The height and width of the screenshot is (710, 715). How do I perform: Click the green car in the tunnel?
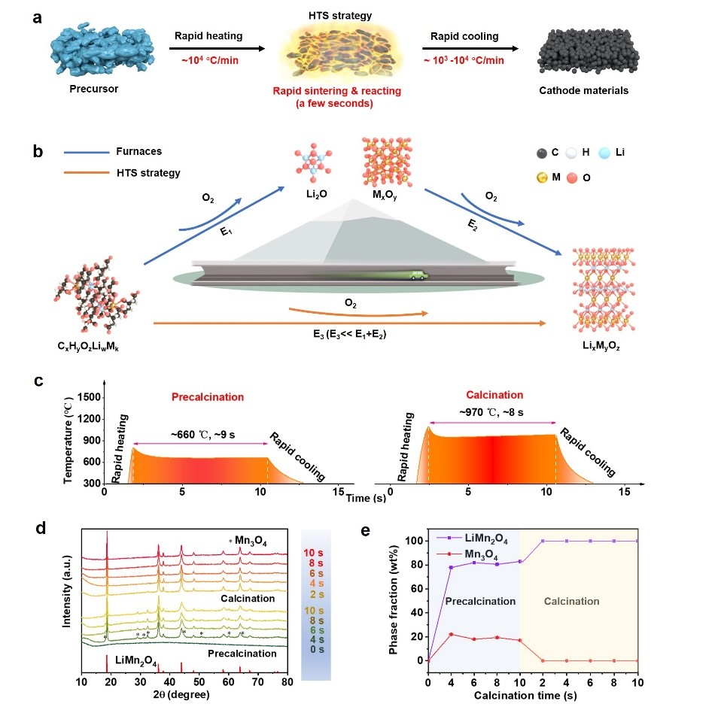tap(415, 276)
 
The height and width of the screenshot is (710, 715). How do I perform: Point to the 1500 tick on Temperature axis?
tap(90, 396)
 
